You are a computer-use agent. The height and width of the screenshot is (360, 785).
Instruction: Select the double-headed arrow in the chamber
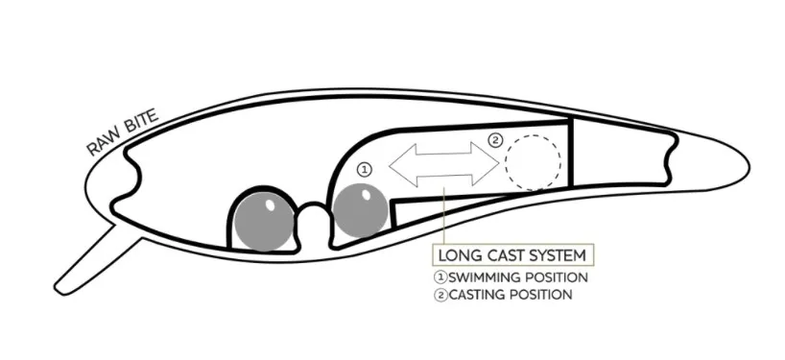click(443, 163)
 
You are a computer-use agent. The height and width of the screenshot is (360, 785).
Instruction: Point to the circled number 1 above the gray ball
click(364, 168)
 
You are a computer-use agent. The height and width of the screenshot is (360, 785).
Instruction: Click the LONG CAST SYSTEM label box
click(513, 256)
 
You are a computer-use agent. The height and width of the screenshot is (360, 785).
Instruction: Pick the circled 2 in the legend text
click(440, 295)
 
